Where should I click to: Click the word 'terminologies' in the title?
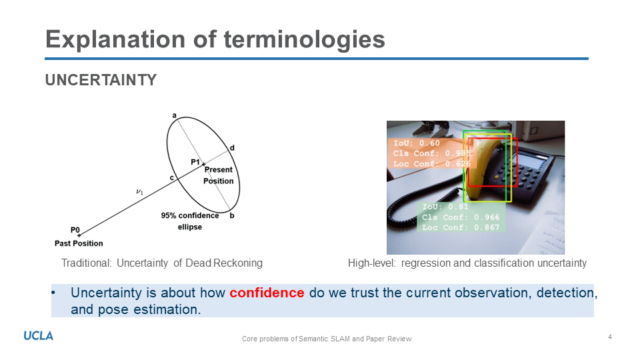pos(304,39)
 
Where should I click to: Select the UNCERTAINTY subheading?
pos(101,80)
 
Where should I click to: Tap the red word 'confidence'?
pos(267,293)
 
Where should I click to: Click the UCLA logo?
pos(39,336)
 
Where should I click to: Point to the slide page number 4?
pos(610,337)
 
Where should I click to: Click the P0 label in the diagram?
pos(75,230)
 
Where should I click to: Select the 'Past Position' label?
pos(79,243)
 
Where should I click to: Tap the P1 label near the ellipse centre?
pos(195,162)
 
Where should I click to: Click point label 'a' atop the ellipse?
pos(174,115)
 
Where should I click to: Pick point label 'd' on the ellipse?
pos(232,148)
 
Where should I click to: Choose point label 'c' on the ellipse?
pos(172,178)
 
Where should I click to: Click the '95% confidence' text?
pos(190,215)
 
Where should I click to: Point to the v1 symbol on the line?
pos(139,192)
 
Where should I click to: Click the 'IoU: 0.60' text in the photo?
pos(417,143)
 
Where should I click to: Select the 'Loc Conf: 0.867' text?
pos(461,227)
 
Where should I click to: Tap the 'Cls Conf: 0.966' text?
pos(461,217)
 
